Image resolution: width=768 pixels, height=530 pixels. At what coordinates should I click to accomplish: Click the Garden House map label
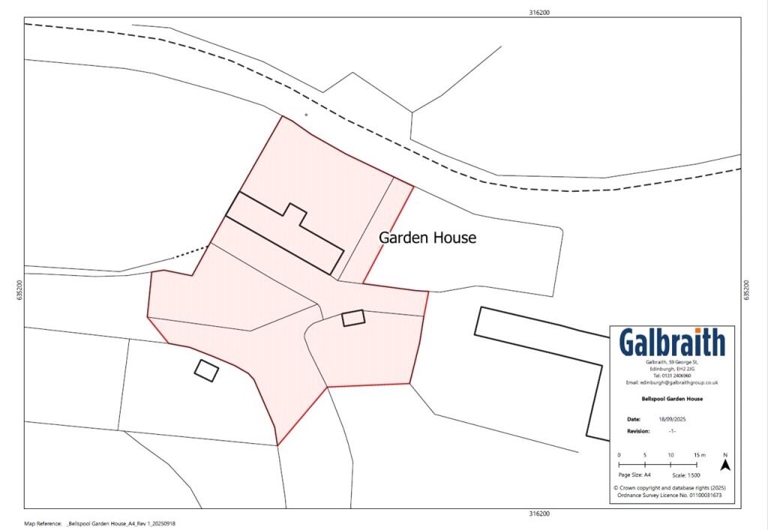[427, 238]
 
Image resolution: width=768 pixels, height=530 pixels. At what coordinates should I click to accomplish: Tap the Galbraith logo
[672, 343]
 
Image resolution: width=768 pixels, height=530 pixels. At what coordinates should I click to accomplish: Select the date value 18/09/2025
[672, 420]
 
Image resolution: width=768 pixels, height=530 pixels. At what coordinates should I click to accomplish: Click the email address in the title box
[672, 382]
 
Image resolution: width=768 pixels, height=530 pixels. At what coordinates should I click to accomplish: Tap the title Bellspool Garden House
[672, 399]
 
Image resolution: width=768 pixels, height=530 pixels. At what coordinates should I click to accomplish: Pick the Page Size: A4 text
[634, 475]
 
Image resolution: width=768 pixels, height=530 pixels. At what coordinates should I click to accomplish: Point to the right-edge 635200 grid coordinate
[746, 291]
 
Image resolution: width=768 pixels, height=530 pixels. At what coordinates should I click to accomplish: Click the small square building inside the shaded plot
[353, 318]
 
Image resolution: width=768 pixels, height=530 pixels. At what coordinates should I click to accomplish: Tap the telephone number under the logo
[672, 376]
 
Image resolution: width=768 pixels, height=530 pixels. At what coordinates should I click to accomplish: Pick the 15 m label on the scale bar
[700, 455]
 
